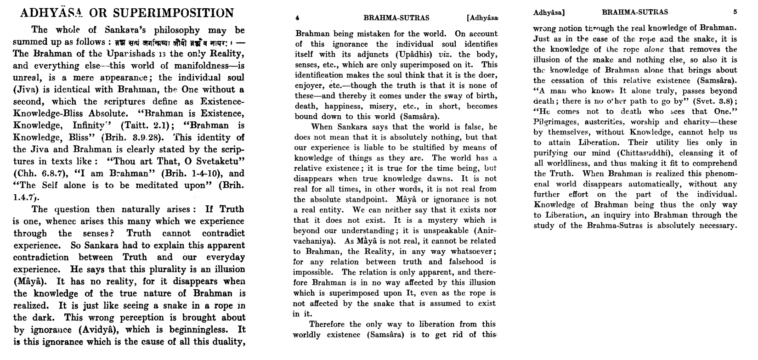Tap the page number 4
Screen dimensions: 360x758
297,18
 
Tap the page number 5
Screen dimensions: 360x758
735,12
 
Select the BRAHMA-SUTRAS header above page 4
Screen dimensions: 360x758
396,18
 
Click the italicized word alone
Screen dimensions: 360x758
654,49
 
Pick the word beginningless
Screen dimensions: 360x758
198,329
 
